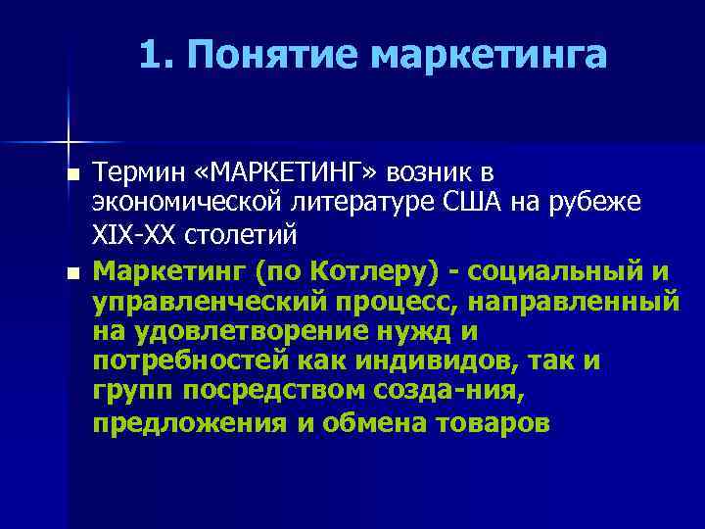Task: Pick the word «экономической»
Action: click(186, 203)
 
